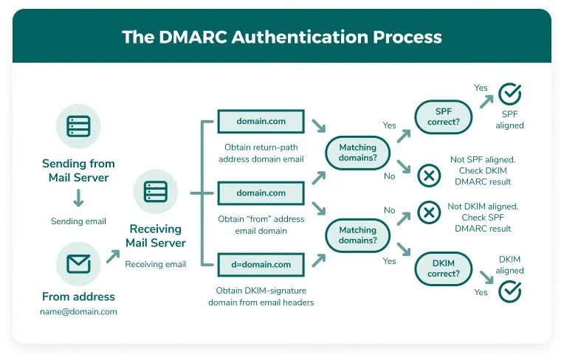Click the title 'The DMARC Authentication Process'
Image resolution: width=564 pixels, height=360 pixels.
click(281, 36)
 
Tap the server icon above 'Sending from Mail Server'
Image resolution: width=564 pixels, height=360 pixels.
click(78, 125)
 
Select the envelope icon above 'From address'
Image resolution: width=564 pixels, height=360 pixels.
click(78, 263)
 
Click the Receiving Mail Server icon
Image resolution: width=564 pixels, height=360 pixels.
click(155, 192)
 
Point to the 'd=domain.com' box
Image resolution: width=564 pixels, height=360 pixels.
click(261, 264)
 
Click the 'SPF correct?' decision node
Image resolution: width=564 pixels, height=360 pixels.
click(443, 117)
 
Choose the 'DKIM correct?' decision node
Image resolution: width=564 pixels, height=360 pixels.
click(443, 269)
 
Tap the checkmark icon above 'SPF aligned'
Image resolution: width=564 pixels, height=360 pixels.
click(509, 94)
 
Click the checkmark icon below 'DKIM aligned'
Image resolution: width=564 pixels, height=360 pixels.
click(509, 291)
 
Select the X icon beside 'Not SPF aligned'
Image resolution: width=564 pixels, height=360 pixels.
click(428, 176)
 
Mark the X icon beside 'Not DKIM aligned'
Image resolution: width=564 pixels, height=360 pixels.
click(428, 213)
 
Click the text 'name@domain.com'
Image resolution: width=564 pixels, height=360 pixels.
click(78, 311)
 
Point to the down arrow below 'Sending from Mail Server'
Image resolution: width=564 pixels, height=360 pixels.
click(78, 198)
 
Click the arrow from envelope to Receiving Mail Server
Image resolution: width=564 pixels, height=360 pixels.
click(113, 256)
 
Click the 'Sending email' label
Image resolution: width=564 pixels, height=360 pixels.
click(78, 221)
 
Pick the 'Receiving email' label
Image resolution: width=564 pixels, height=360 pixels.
click(155, 264)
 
